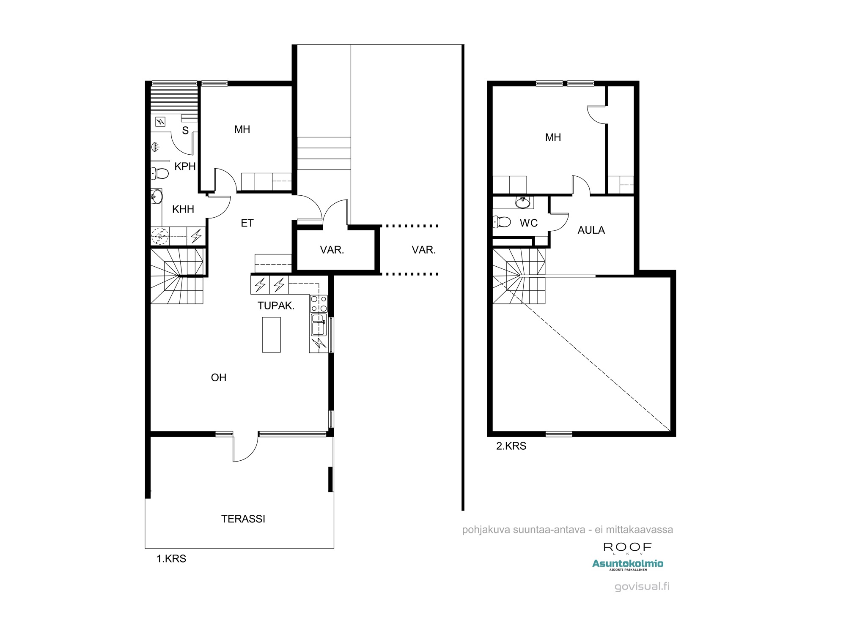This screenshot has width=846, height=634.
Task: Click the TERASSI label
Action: click(x=243, y=519)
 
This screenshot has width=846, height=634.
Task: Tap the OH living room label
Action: click(x=219, y=377)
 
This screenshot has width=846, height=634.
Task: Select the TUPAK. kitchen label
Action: click(x=276, y=306)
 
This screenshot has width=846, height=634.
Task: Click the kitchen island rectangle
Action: click(x=271, y=335)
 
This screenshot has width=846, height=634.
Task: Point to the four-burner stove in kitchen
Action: click(x=319, y=303)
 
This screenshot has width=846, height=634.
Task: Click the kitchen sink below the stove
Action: click(x=319, y=325)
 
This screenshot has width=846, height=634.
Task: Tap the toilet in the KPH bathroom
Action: click(x=159, y=173)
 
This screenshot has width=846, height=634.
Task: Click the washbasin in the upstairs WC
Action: click(x=523, y=202)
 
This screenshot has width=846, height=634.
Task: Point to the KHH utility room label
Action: click(x=183, y=209)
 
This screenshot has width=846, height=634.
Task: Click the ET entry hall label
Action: click(x=247, y=223)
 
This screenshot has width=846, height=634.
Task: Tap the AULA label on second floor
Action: click(x=591, y=230)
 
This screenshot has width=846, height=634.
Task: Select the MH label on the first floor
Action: click(x=242, y=129)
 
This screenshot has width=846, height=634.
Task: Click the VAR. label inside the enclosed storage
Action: click(x=332, y=250)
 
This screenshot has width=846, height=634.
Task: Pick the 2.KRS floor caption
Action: click(x=511, y=446)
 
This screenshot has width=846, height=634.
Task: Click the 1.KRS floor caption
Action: click(x=171, y=558)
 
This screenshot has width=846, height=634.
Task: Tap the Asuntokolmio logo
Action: click(x=628, y=565)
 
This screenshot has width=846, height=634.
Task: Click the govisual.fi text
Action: click(x=642, y=587)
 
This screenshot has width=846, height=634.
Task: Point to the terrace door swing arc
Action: click(x=251, y=454)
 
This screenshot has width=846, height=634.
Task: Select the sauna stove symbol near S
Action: click(x=160, y=122)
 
